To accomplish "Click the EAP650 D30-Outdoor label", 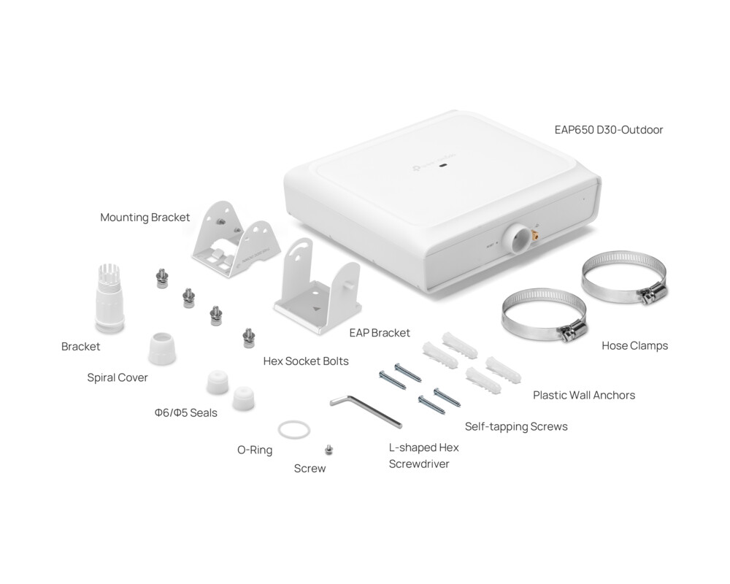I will (608, 130).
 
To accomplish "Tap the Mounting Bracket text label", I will (145, 218).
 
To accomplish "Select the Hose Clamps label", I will (634, 345).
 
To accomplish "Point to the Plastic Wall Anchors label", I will (583, 395).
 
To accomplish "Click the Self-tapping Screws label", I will (515, 426).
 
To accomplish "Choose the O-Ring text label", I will (255, 450).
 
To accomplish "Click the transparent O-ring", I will (293, 430).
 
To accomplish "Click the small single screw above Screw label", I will (328, 450).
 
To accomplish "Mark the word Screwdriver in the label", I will (419, 464).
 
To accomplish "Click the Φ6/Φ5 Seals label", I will (185, 412).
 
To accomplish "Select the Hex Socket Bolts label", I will (306, 361).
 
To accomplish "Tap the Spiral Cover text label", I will (118, 378).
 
